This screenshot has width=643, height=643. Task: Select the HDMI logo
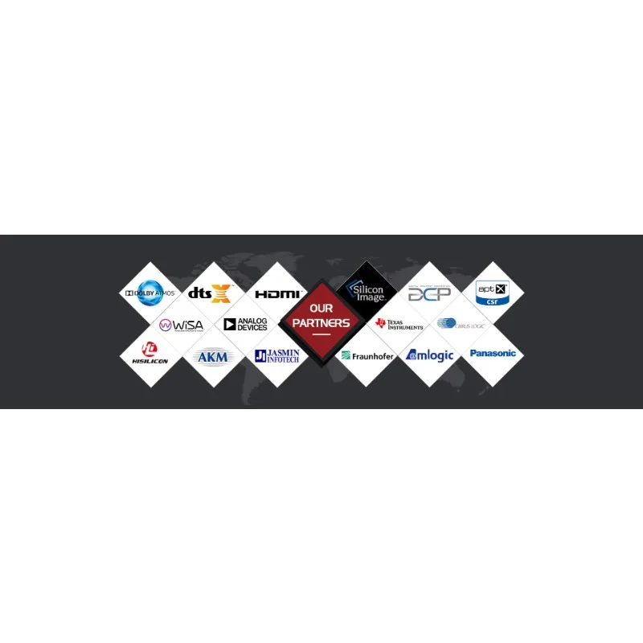[x=277, y=294]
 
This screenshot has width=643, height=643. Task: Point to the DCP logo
[x=429, y=293]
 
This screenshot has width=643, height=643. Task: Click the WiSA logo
[x=182, y=325]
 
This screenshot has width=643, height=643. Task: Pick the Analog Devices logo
[x=246, y=325]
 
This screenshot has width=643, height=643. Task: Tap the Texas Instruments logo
[x=399, y=324]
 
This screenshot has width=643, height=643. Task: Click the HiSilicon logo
[x=149, y=354]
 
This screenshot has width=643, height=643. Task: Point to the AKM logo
[x=213, y=356]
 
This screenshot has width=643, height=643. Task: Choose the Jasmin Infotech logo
[x=277, y=355]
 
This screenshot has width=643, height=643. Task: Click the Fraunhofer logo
[x=367, y=355]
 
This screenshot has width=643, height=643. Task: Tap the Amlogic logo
[x=430, y=355]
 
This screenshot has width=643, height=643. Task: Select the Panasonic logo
[x=493, y=353]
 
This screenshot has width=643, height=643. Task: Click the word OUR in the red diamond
[x=321, y=309]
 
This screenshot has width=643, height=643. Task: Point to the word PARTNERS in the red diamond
[x=321, y=322]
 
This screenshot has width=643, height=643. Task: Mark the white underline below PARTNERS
[x=321, y=334]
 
